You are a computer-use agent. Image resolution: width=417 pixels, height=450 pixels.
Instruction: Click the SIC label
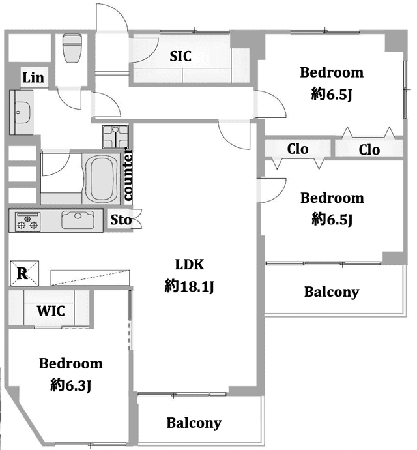click(180, 56)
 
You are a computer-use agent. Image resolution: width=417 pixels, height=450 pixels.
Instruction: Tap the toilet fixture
click(72, 48)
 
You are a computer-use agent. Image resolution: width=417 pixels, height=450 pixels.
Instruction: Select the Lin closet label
click(33, 78)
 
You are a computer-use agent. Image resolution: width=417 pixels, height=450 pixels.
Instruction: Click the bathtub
click(102, 179)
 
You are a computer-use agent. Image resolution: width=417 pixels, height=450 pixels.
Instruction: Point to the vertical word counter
click(128, 174)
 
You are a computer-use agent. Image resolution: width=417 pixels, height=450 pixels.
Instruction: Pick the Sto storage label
click(121, 220)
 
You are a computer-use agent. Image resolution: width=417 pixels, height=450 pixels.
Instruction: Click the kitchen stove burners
click(27, 222)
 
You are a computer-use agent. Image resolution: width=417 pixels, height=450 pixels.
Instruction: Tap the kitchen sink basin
click(78, 220)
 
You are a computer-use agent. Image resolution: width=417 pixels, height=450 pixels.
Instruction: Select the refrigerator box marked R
click(25, 273)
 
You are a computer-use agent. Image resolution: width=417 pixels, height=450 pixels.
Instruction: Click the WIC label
click(51, 311)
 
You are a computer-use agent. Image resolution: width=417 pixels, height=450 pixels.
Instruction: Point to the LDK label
click(190, 265)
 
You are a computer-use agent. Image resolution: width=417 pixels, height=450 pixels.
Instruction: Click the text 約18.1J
click(190, 286)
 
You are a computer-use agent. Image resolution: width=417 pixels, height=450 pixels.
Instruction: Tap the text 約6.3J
click(71, 385)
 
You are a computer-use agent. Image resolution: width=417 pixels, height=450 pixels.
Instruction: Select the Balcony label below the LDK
click(194, 423)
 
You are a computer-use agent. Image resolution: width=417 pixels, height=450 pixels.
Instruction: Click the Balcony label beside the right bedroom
click(332, 292)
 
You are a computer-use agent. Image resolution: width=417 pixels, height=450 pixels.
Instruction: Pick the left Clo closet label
click(298, 149)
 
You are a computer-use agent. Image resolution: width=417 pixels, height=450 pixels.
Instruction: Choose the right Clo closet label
click(369, 149)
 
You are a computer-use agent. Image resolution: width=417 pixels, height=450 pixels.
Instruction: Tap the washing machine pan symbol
click(115, 137)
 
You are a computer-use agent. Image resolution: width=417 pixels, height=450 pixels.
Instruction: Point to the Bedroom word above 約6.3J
click(71, 363)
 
